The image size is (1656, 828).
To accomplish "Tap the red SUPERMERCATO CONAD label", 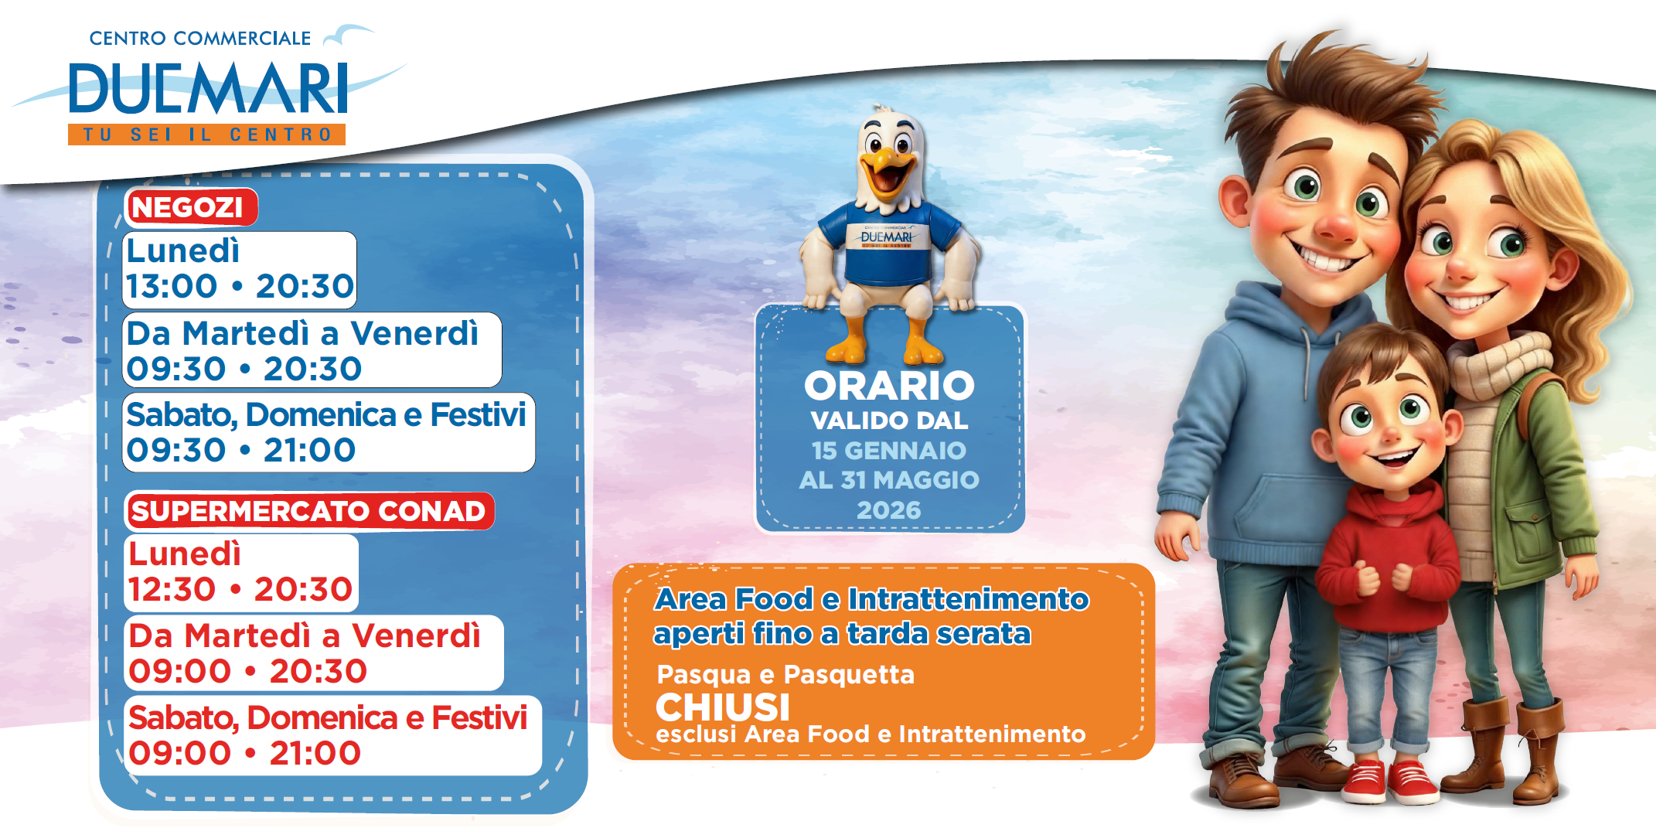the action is (309, 511).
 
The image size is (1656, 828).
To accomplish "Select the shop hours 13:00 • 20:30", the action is (240, 286).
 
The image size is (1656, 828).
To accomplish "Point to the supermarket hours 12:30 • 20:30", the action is (240, 589).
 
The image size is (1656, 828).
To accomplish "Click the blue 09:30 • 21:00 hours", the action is (241, 450).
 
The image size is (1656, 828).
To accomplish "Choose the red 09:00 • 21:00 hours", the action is (245, 753).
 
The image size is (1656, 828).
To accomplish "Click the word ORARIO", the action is (889, 386).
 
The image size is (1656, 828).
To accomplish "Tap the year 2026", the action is (889, 510).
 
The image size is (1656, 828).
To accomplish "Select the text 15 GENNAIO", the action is (889, 450).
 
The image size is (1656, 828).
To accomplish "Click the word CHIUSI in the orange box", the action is (723, 707).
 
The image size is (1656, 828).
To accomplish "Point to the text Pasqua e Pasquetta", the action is (785, 675).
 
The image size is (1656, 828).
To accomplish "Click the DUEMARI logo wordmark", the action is (209, 89).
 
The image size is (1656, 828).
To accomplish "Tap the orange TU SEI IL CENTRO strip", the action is (206, 135).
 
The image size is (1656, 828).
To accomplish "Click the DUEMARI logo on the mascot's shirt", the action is (887, 237).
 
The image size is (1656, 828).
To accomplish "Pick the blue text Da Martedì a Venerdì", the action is (303, 333).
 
